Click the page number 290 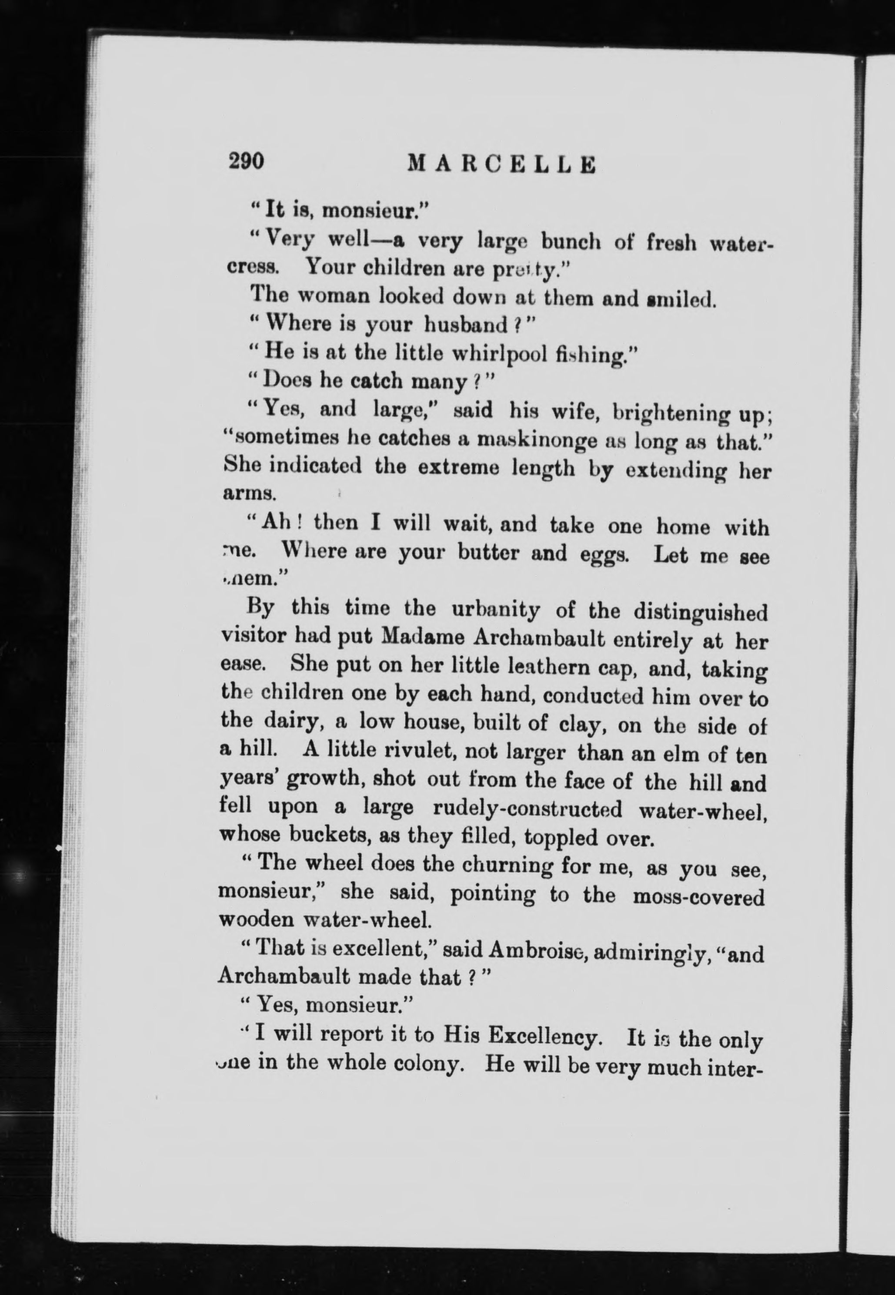246,161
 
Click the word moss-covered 698,897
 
